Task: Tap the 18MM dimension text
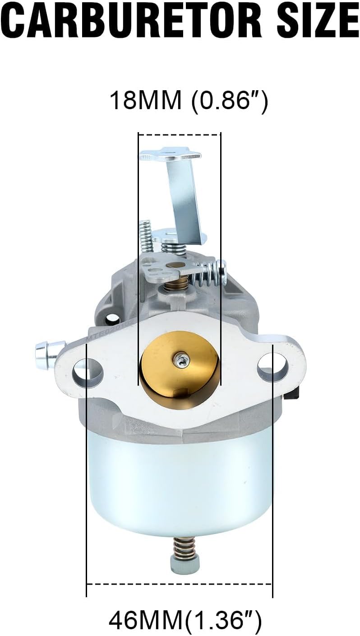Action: point(145,100)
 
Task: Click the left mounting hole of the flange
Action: point(88,371)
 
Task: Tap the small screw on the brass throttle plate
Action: point(179,360)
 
